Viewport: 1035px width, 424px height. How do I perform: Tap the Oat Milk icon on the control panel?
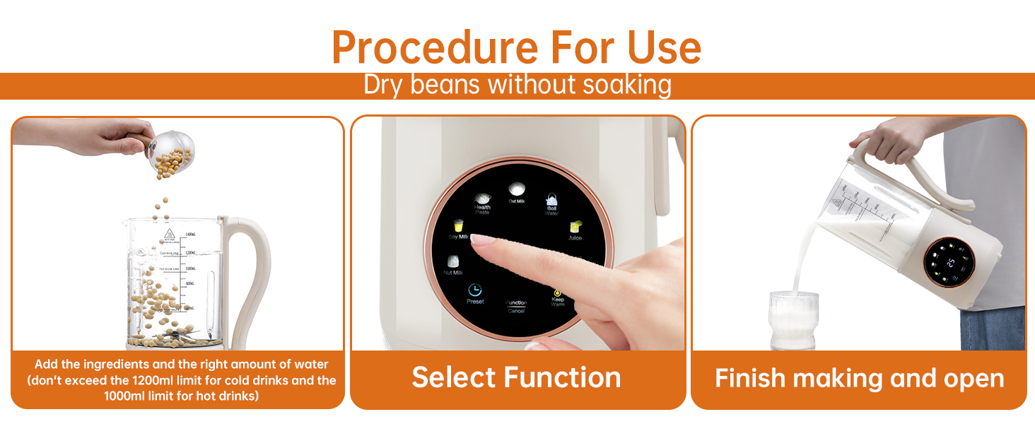pos(517,189)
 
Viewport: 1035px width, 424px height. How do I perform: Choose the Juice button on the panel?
pos(575,228)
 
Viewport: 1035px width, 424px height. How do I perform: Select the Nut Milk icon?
pos(453,262)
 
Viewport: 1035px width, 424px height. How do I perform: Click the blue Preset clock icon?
pos(475,290)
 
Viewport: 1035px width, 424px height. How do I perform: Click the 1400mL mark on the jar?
pos(189,234)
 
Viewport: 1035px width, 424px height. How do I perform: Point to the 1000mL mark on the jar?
pos(189,269)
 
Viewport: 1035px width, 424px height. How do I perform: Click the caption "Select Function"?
pos(517,377)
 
